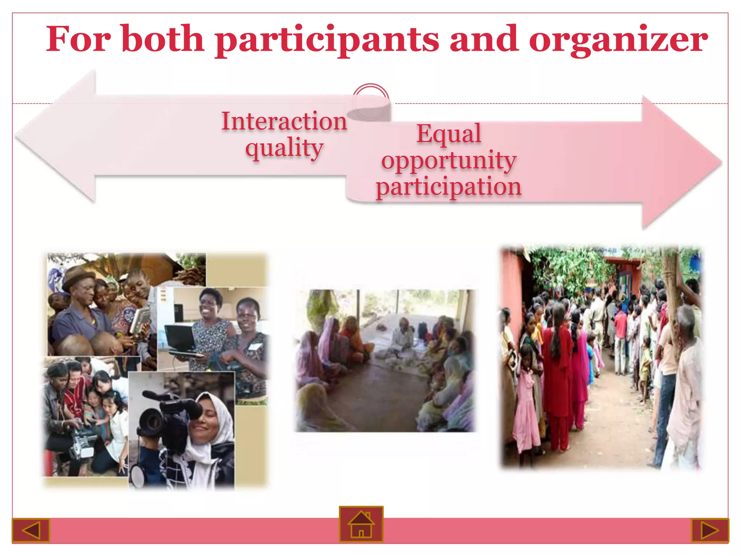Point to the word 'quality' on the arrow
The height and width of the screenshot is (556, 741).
pyautogui.click(x=284, y=148)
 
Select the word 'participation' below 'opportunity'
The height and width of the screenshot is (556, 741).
pyautogui.click(x=449, y=186)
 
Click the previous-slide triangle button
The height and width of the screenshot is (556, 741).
pyautogui.click(x=31, y=530)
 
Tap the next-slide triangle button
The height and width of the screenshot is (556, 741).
pyautogui.click(x=710, y=530)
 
